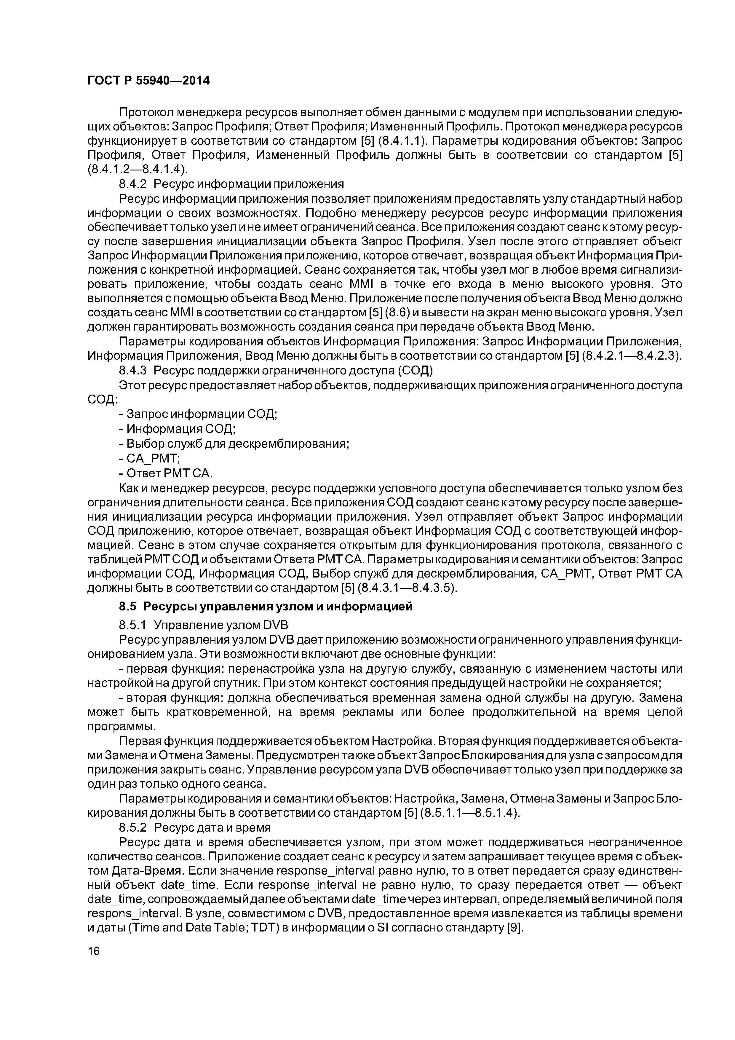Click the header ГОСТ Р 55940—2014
148,81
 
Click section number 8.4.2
133,184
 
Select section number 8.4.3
133,371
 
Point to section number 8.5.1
133,626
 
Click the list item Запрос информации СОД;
198,414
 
